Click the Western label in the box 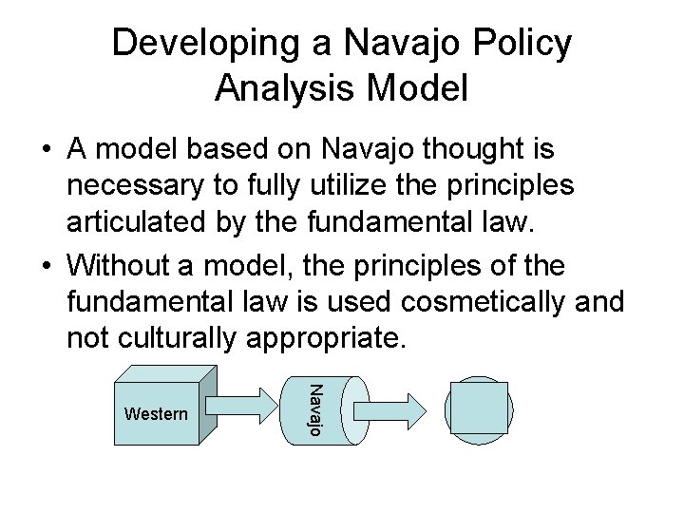156,415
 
